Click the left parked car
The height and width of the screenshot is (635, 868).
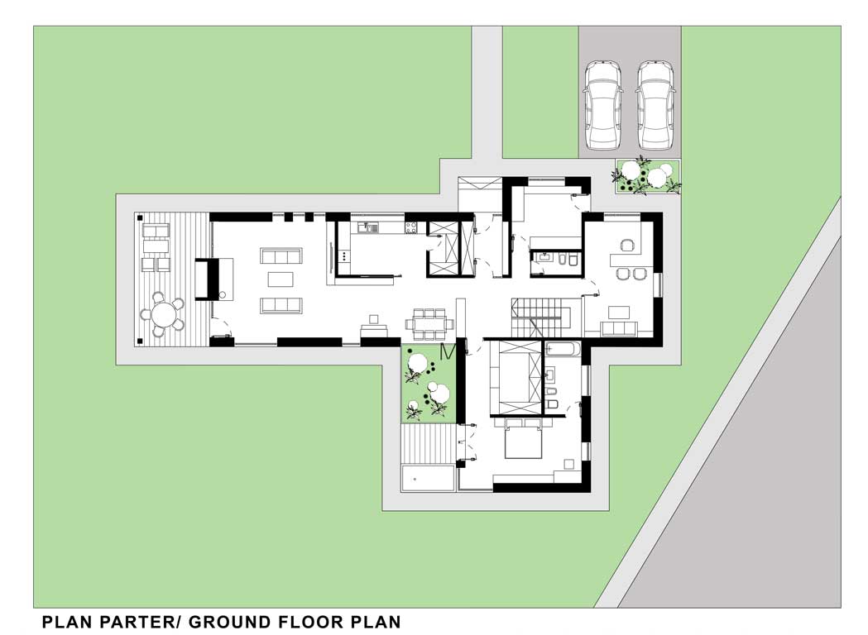tap(602, 105)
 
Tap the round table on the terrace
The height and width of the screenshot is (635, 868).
tap(164, 315)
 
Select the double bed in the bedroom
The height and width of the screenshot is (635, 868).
tap(523, 439)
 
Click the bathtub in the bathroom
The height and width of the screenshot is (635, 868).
tap(563, 349)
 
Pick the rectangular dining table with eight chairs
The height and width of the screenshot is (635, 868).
tap(429, 323)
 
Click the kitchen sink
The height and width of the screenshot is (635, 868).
tap(368, 227)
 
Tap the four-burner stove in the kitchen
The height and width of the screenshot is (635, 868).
tap(412, 227)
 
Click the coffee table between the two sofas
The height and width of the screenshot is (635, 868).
tap(281, 279)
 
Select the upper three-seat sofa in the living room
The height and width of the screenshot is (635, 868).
tap(281, 256)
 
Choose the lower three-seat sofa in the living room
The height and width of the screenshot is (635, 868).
tap(281, 305)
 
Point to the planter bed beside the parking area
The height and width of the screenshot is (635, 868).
tap(648, 176)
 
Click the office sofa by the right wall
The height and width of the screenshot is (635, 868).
tap(619, 328)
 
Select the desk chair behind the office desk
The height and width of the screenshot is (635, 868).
tap(627, 245)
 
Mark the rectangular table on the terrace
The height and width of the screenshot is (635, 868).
tap(156, 245)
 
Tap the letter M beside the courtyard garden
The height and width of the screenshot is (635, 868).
tap(448, 351)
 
